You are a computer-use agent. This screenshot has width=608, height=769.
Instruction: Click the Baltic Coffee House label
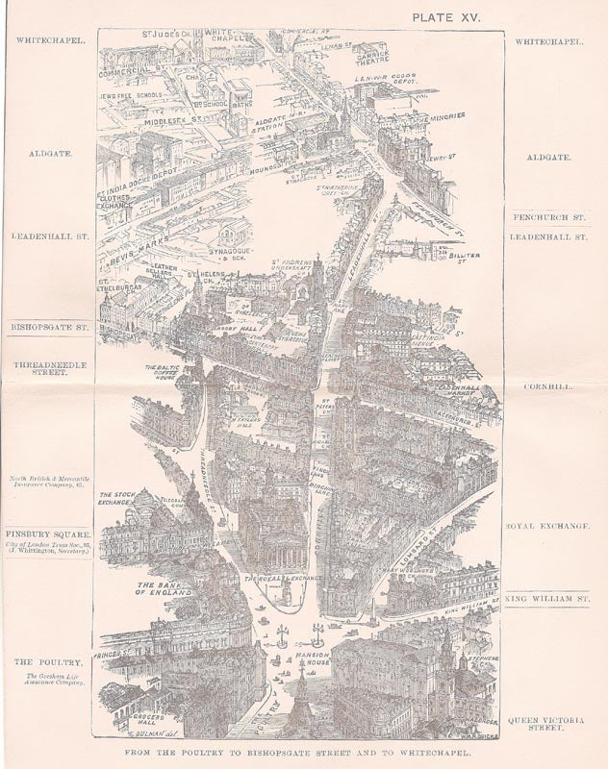tap(165, 372)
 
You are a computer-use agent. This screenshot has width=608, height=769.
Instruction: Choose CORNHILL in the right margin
tap(549, 387)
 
